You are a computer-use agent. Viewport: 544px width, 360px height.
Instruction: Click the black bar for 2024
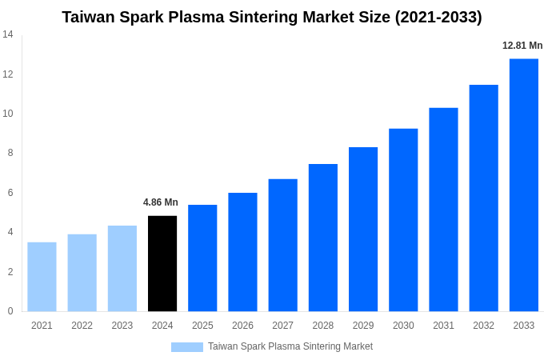[162, 263]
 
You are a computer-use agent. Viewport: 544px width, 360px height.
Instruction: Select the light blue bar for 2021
[42, 277]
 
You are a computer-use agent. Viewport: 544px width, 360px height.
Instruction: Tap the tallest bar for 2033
[524, 185]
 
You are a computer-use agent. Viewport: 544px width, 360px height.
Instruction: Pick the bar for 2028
[323, 238]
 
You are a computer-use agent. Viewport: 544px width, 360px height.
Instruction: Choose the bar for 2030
[403, 220]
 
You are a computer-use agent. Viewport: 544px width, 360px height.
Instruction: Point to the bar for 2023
[122, 268]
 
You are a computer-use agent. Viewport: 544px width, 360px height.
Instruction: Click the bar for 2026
[242, 252]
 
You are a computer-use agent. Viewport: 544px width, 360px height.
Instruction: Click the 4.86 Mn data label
[161, 202]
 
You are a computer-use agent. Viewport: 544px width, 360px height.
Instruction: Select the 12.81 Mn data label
[522, 46]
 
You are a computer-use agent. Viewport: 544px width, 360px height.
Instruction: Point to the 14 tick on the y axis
[8, 34]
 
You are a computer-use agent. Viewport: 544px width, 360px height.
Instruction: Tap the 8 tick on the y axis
[10, 153]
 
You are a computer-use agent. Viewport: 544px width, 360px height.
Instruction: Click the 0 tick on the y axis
[10, 311]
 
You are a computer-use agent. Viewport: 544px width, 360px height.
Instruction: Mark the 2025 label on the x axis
[202, 326]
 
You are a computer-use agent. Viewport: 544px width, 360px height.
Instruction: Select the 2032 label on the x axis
[483, 326]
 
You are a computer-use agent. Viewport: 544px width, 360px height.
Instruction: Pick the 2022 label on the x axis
[82, 326]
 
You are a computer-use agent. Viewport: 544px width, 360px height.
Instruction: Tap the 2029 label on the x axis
[363, 326]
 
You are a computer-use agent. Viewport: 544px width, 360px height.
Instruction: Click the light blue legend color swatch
[187, 347]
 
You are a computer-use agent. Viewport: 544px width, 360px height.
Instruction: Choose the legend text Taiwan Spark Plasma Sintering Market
[290, 346]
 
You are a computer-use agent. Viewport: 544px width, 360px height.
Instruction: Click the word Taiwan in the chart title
[89, 17]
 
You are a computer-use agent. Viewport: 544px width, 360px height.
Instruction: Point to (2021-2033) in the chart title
[438, 17]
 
